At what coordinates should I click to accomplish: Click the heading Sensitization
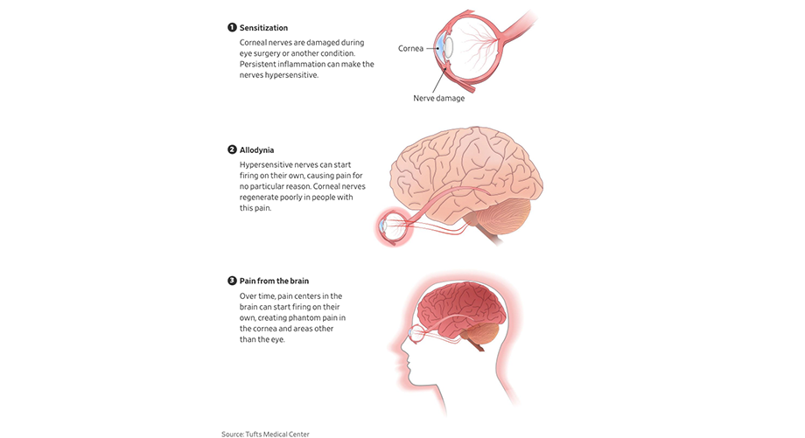(263, 28)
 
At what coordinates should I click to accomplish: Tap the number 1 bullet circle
(232, 28)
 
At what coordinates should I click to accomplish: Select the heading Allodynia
(258, 150)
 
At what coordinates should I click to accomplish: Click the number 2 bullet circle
(232, 150)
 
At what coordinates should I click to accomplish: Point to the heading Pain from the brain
(274, 282)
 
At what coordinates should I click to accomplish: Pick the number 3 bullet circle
(232, 282)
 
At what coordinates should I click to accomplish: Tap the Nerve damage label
(438, 98)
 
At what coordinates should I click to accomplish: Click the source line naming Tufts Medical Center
(265, 434)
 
